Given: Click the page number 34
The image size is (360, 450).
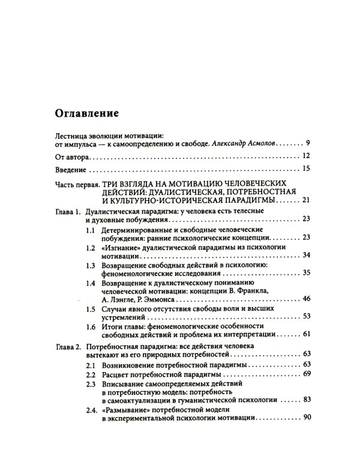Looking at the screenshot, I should point(306,255).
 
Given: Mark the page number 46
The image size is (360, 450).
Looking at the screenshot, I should point(306,298).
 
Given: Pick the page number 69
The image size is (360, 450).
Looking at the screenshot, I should point(306,374).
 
